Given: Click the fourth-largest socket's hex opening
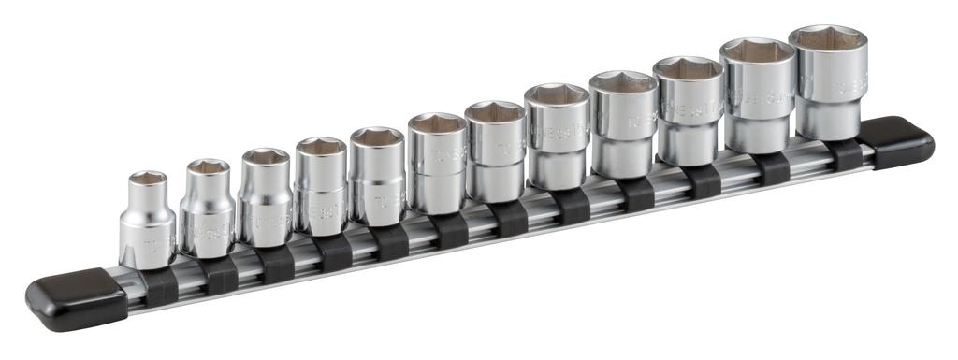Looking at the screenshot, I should [623, 83].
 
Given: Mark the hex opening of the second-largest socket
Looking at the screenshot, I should [758, 52].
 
